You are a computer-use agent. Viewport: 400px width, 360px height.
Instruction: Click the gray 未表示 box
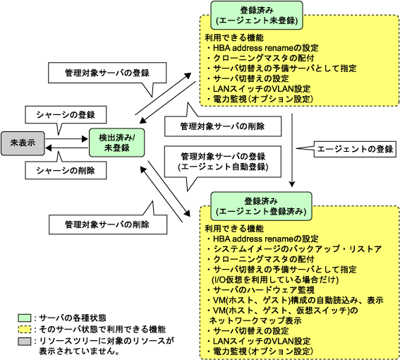tap(23, 143)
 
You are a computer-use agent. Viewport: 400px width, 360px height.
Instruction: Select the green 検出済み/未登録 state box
tap(116, 143)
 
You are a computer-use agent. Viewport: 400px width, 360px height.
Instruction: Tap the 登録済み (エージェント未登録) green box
tap(257, 16)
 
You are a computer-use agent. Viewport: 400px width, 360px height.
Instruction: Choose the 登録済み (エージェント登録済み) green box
tap(261, 206)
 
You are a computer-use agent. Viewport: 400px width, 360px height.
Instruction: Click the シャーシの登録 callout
tap(66, 114)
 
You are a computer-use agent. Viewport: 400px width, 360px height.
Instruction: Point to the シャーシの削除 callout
tap(66, 170)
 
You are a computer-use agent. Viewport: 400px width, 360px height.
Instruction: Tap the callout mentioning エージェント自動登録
tap(223, 162)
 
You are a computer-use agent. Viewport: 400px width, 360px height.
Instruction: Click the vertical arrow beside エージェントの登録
tap(292, 150)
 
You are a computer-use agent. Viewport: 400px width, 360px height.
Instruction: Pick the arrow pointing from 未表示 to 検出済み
tap(66, 139)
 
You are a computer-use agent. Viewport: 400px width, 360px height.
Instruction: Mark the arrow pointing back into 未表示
tap(66, 148)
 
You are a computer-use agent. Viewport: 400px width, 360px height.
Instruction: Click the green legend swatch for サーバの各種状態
tap(25, 318)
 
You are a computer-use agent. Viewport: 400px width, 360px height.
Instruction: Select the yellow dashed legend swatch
tap(25, 330)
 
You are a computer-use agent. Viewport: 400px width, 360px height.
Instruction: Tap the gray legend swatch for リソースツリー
tap(25, 342)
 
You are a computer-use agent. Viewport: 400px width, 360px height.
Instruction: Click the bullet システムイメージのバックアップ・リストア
tap(294, 249)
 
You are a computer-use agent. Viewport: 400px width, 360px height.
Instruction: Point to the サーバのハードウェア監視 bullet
tap(261, 290)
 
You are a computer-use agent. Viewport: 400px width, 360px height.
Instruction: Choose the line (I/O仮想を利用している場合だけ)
tap(275, 280)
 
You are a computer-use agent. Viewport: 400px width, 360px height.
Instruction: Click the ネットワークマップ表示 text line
tap(255, 320)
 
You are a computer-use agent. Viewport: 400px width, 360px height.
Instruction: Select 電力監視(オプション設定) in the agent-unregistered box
tap(260, 99)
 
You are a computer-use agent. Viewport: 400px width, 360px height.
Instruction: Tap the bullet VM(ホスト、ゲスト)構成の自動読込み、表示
tap(295, 300)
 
